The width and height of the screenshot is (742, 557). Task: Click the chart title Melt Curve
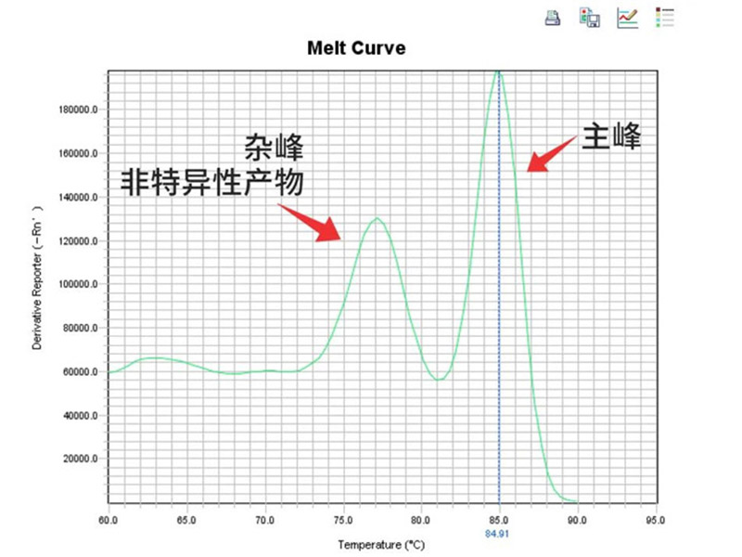coord(356,47)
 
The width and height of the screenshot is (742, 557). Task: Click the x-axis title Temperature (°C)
coord(382,543)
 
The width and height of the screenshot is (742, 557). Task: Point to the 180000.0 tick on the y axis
coord(78,110)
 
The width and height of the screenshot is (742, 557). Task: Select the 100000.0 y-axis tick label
coord(78,285)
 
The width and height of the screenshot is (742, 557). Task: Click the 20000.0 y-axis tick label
coord(81,460)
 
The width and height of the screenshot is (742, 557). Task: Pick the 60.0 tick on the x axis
coord(109,521)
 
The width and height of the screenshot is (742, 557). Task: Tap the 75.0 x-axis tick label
coord(343,521)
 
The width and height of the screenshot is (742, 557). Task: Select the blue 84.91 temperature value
coord(499,534)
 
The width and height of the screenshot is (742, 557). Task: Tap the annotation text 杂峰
coord(274,147)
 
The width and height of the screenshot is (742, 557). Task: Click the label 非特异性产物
coord(212,182)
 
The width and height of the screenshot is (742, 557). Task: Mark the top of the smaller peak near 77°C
coord(377,218)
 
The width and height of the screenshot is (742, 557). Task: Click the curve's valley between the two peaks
coord(441,380)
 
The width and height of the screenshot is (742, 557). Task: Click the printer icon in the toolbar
coord(553,17)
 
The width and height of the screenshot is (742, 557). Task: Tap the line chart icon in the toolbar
coord(628,17)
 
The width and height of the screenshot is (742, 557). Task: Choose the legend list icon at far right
coord(665,17)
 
